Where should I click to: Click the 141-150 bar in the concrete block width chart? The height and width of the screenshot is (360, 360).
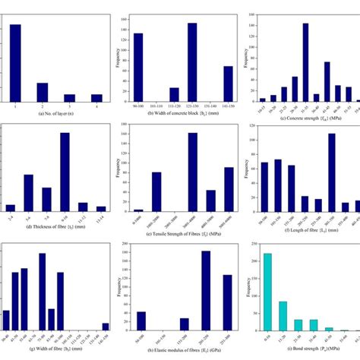(x=227, y=83)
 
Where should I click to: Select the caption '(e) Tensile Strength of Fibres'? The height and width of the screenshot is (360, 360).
(x=181, y=226)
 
